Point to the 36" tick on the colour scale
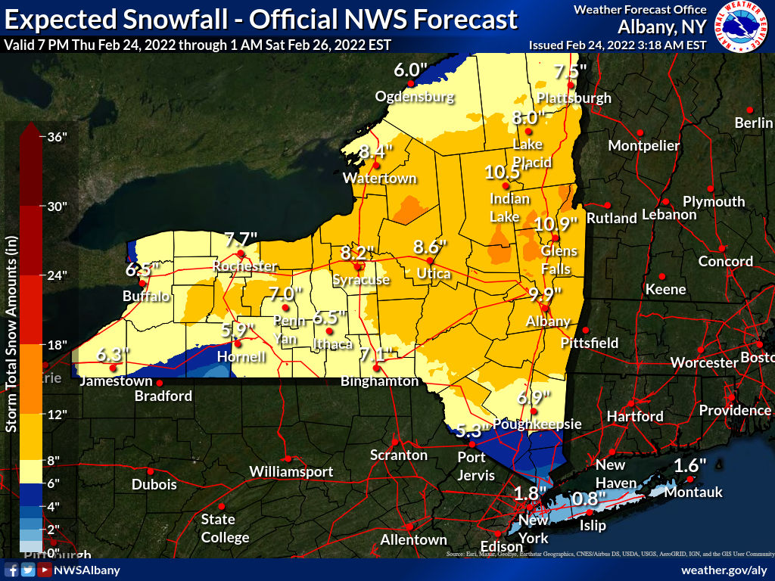[58, 137]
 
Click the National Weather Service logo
[741, 26]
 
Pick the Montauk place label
[693, 492]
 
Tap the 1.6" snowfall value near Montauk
[689, 465]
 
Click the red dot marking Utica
[430, 261]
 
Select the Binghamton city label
[379, 381]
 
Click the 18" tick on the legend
[58, 345]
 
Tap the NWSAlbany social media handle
[87, 570]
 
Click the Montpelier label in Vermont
[644, 145]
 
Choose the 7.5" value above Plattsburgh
[571, 73]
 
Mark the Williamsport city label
[291, 472]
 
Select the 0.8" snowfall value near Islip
[589, 499]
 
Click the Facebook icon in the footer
[12, 570]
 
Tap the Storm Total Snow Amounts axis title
[11, 334]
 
